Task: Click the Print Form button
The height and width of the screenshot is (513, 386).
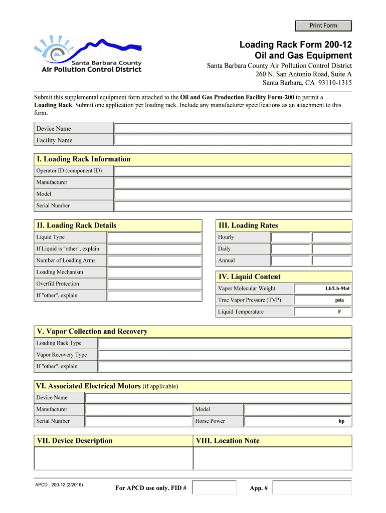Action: tap(323, 26)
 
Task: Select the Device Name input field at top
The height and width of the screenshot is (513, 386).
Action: tap(233, 128)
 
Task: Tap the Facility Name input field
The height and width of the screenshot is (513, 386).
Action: tap(233, 140)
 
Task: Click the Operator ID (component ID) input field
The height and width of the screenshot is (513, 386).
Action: tap(233, 171)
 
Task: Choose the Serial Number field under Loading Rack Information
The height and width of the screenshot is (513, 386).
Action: tap(233, 206)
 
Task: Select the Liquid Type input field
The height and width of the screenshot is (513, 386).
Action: tap(154, 237)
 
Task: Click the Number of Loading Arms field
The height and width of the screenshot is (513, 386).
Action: tap(154, 261)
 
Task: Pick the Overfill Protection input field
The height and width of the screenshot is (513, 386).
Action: tap(154, 284)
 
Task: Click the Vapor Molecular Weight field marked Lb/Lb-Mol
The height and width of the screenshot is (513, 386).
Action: tap(323, 289)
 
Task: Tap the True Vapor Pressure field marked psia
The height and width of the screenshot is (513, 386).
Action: tap(323, 300)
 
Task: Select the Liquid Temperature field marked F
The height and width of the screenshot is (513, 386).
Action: tap(323, 312)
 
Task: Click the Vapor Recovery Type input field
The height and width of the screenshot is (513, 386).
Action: tap(225, 355)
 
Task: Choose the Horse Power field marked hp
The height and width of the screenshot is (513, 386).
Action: tap(298, 421)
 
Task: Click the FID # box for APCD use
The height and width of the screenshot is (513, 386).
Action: tap(214, 487)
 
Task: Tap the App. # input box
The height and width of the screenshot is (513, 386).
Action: tap(312, 487)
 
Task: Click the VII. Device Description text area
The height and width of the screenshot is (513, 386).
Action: tap(113, 458)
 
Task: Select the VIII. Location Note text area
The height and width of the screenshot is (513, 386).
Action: tap(273, 458)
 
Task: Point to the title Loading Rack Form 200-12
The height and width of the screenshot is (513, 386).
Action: tap(295, 46)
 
